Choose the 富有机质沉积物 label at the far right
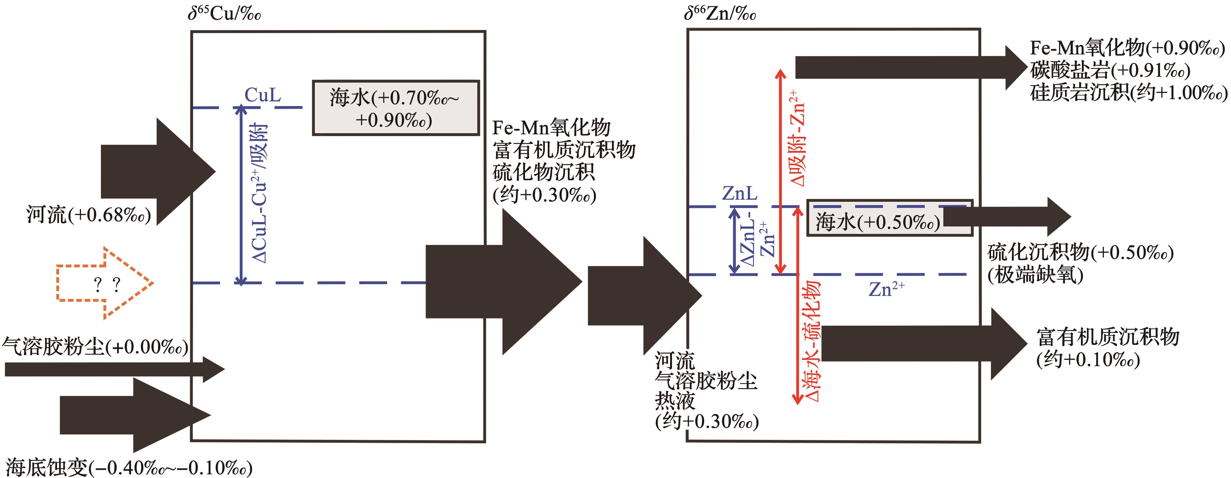pyautogui.click(x=1108, y=337)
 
